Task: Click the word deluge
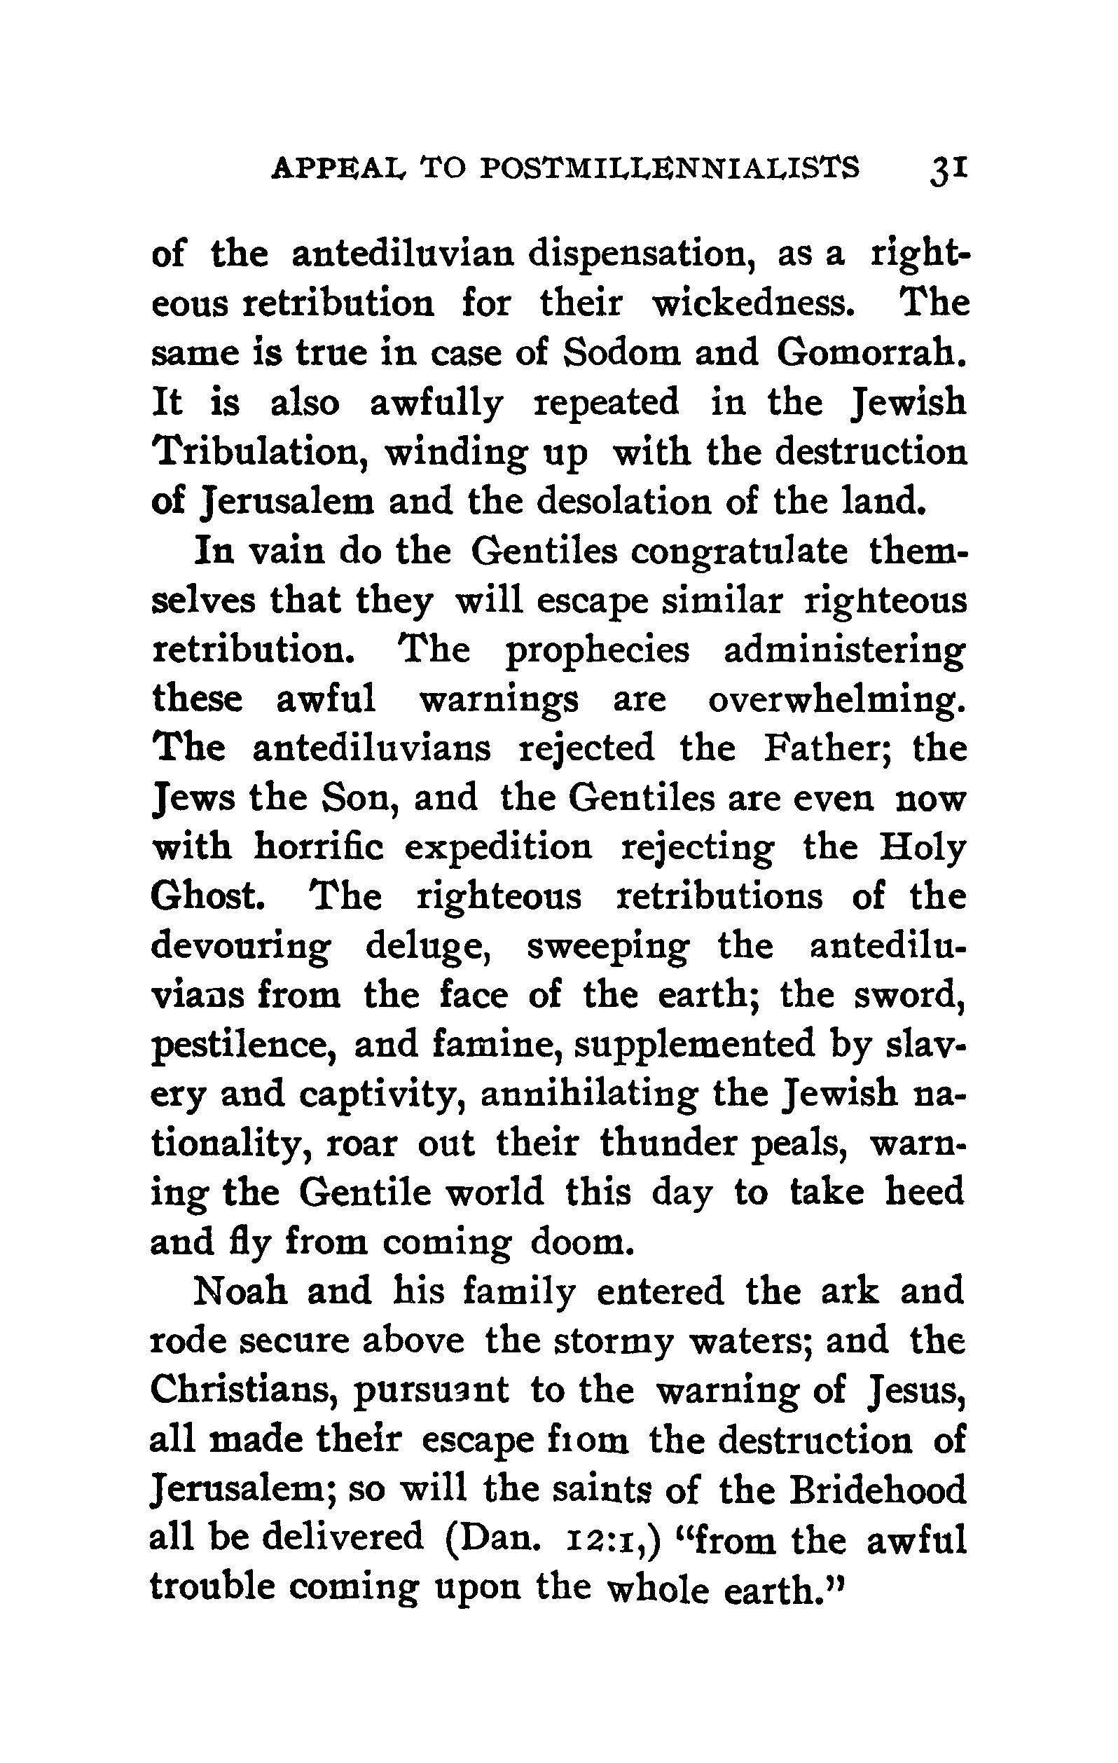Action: pos(427,947)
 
